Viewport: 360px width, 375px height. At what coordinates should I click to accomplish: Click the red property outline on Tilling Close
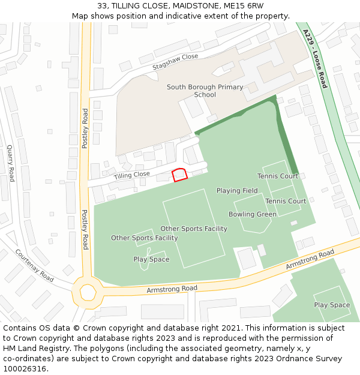tap(180, 175)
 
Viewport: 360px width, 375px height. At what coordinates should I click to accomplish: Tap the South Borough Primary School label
tap(205, 91)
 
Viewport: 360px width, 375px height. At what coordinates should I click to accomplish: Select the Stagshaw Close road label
tap(175, 60)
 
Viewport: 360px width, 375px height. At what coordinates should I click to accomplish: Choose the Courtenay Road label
tap(35, 266)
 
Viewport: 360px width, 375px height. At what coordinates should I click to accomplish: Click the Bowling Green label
tap(253, 214)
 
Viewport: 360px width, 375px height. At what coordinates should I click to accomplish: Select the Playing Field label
tap(237, 191)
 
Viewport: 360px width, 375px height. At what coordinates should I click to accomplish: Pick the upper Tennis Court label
tap(278, 176)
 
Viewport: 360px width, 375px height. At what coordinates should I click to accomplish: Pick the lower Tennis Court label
tap(286, 201)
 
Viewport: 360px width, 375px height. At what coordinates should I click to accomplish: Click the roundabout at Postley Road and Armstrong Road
tap(88, 292)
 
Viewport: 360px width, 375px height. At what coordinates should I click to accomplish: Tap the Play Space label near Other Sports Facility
tap(151, 260)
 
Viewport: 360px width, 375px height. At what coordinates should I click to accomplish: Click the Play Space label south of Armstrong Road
tap(332, 305)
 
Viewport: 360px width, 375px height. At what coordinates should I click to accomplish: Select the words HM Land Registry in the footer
tap(34, 349)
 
